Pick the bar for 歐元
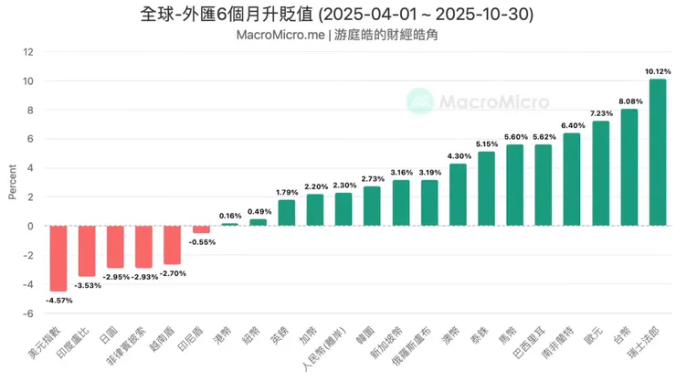pos(601,174)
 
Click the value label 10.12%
pos(658,70)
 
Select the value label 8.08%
pos(629,101)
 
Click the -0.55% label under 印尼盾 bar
pos(201,242)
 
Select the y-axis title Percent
pos(12,183)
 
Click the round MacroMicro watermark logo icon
pos(420,101)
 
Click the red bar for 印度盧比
pos(88,251)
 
